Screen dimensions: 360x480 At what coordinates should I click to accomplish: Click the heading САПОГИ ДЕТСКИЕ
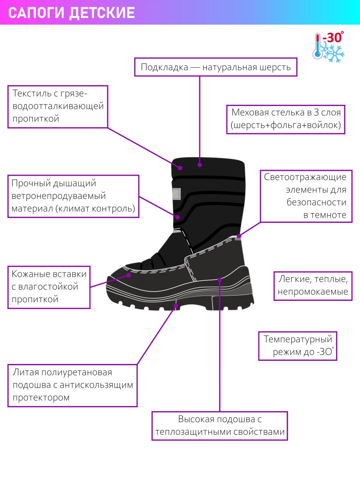point(72,13)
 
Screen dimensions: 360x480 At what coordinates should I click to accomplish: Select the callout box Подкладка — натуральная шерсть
point(216,67)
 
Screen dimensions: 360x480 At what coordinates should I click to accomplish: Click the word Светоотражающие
point(305,177)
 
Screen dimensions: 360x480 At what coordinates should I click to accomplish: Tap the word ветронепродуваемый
point(58,196)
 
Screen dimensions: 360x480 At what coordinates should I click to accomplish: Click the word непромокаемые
point(313,292)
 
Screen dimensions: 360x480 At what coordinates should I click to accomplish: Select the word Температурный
point(298,339)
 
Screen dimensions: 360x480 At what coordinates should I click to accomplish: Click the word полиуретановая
point(77,372)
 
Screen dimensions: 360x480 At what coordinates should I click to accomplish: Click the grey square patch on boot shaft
point(176,194)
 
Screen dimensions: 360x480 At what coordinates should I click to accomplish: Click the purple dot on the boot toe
point(129,275)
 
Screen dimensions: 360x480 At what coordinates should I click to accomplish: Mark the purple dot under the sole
point(176,306)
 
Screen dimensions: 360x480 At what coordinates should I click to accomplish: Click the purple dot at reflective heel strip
point(239,236)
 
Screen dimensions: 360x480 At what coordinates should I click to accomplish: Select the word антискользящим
point(96,385)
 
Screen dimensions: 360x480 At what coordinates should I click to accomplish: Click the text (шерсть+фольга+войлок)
point(286,125)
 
